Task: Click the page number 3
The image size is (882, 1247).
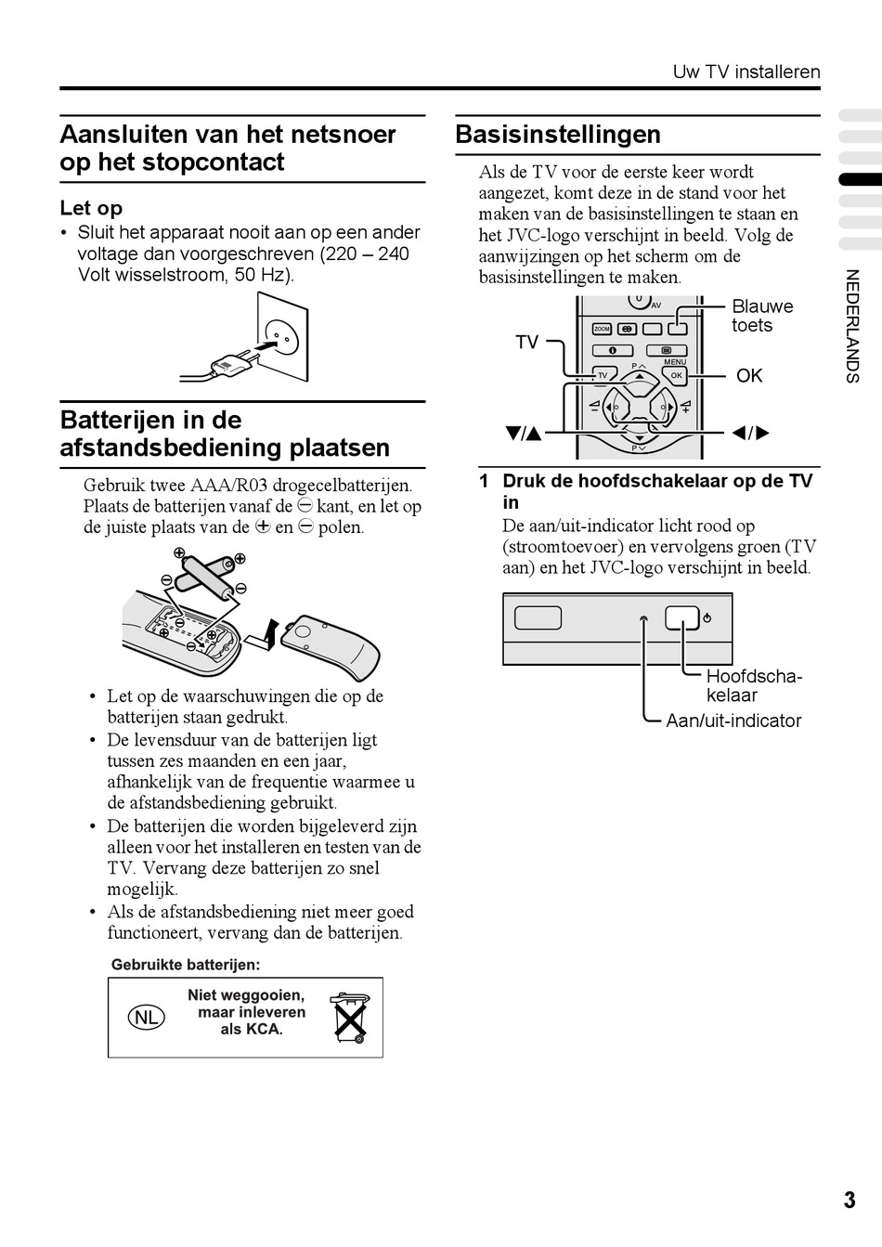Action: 850,1200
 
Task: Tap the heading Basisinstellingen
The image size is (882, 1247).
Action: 558,135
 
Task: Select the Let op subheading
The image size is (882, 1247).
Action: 91,208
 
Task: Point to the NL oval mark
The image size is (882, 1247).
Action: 146,1017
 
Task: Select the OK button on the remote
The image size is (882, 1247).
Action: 675,375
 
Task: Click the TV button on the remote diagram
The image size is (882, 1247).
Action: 602,375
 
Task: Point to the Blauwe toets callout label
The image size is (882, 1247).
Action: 762,316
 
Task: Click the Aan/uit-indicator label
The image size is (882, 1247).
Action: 733,721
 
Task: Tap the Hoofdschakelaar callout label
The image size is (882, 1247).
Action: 753,685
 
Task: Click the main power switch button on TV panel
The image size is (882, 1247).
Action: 681,618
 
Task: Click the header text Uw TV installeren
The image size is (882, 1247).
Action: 746,72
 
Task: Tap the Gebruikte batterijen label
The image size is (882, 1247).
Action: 186,965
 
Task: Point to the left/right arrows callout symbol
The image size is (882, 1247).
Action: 750,433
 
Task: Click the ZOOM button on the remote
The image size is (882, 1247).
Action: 602,329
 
